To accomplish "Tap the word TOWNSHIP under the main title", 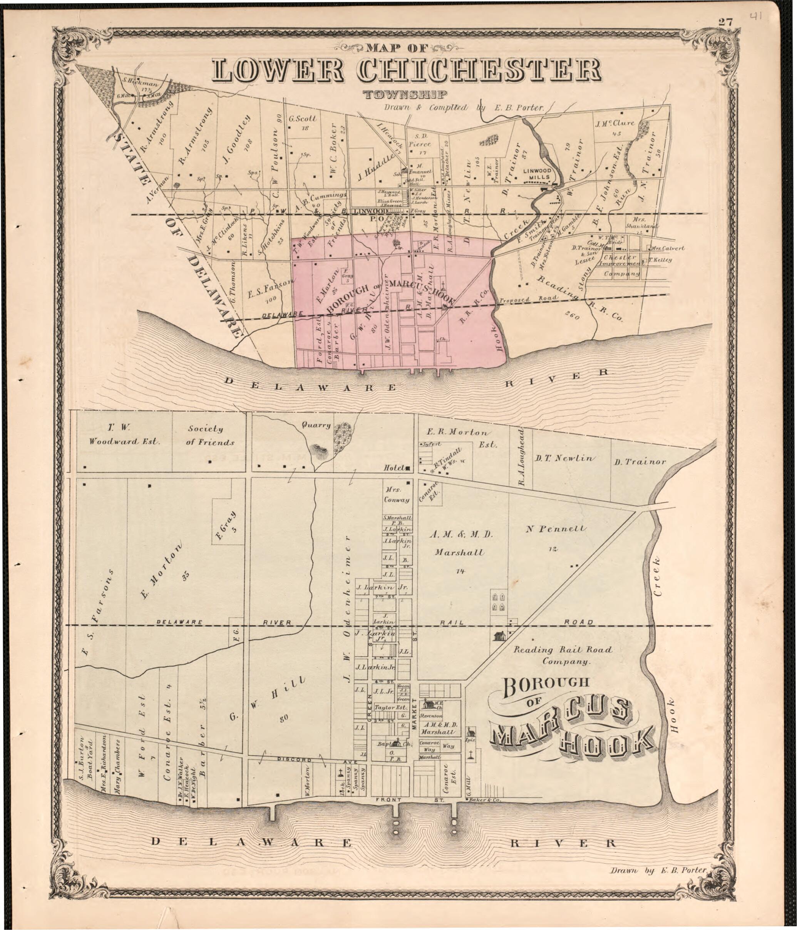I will point(405,94).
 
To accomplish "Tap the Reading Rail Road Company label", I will point(563,655).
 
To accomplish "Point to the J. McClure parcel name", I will point(614,123).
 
